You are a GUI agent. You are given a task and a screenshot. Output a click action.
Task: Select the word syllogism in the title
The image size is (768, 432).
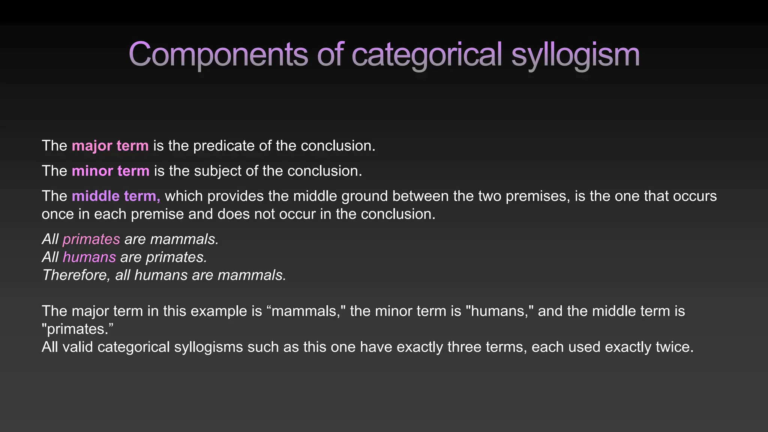(575, 54)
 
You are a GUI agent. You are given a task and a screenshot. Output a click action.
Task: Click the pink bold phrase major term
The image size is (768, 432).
(110, 146)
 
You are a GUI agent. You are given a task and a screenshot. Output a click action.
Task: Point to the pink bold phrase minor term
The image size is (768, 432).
(111, 171)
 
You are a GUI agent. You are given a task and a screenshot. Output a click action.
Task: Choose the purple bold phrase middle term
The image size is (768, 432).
(116, 196)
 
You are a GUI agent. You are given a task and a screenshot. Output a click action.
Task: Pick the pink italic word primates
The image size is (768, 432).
(91, 239)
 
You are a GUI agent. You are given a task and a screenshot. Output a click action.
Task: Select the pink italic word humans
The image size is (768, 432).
(89, 257)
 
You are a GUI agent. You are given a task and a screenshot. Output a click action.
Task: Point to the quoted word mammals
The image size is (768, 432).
(305, 311)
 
